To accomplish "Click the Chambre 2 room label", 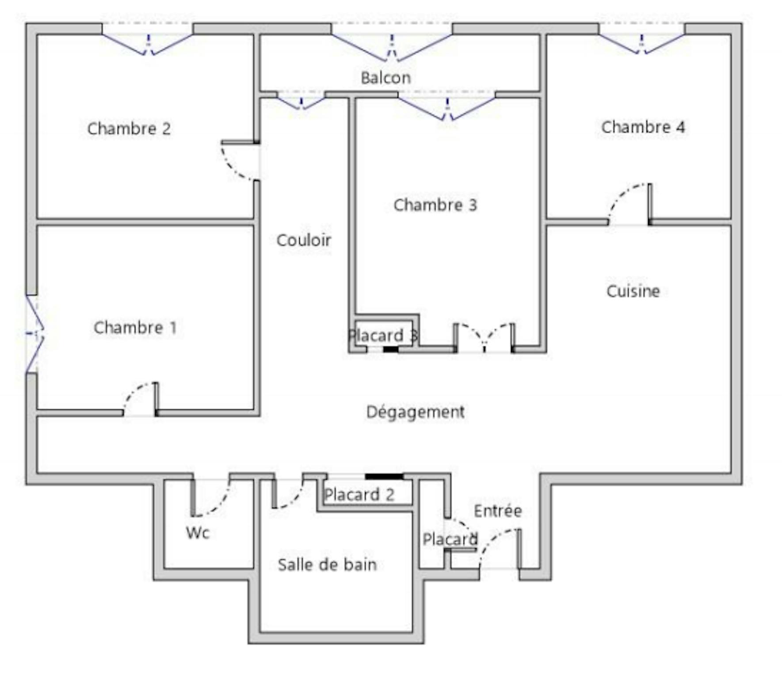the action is pos(129,129).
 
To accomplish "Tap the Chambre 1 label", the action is pos(135,328).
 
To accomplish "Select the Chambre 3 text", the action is pos(435,205).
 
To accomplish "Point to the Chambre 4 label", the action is pos(643,127).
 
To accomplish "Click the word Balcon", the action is pos(386,78).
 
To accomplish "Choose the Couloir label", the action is pos(304,240).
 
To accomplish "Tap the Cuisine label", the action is pos(633,291).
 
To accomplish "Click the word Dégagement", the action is pos(416,412).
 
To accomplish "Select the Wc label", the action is pos(198,533).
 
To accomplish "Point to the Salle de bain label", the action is pos(327,565).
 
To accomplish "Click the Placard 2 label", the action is pos(359,495).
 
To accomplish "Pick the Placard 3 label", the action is pos(383,336).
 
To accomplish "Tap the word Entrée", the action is pos(498,511).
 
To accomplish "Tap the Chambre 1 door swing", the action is pos(133,393).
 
